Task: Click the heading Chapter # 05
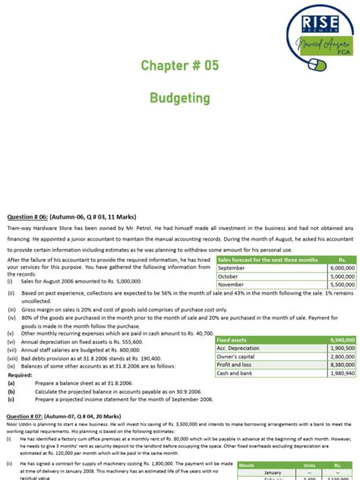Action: pyautogui.click(x=179, y=66)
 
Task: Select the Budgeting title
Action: pyautogui.click(x=179, y=99)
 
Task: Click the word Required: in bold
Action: pyautogui.click(x=21, y=375)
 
